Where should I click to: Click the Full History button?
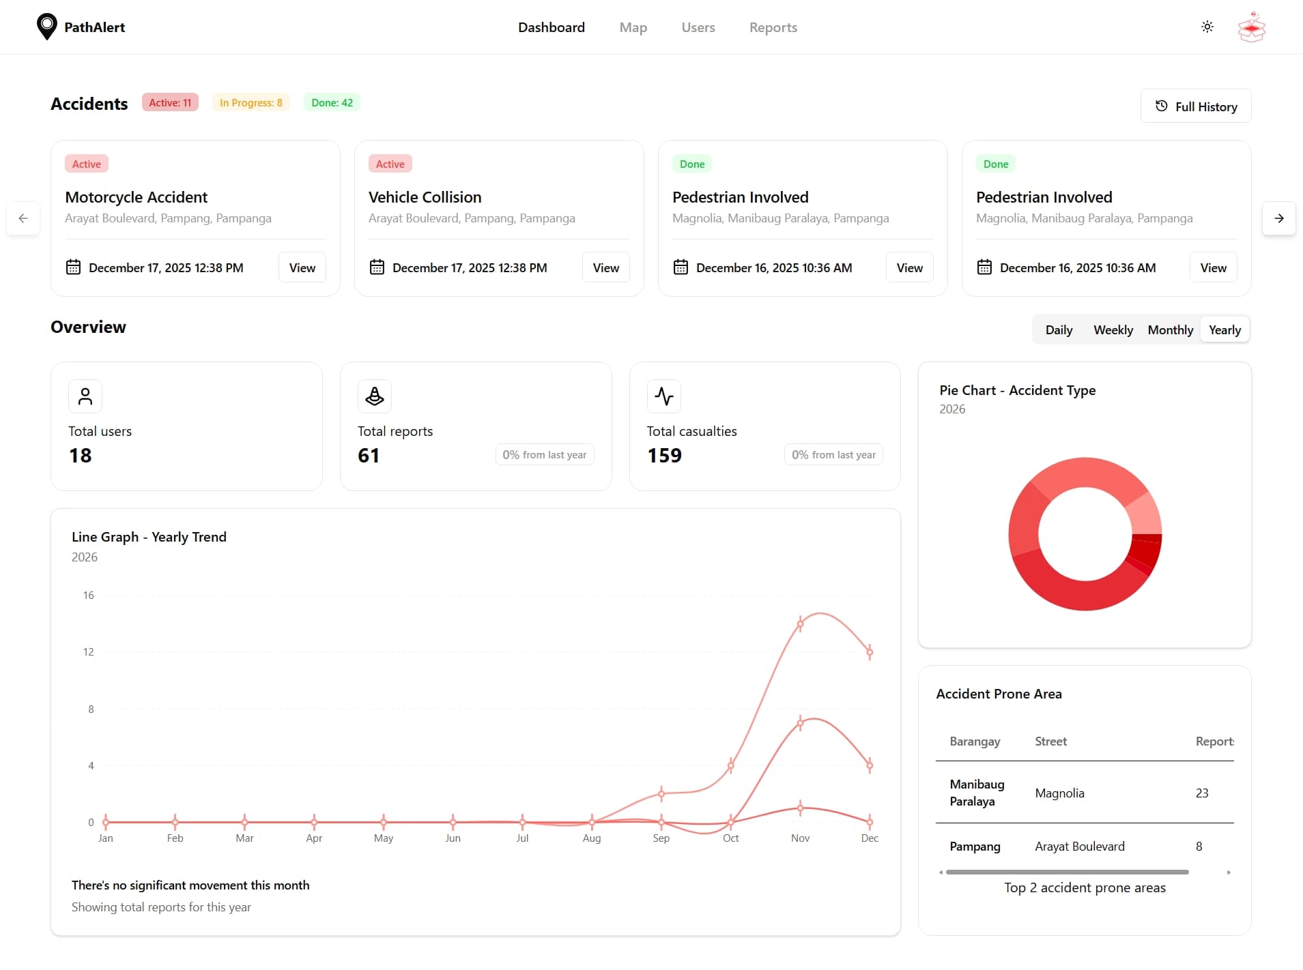coord(1195,106)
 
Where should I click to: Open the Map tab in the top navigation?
coord(633,27)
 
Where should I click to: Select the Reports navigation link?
coord(773,27)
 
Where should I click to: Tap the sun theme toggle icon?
coord(1207,27)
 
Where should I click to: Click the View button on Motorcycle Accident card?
coord(302,267)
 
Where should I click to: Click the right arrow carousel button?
coord(1278,218)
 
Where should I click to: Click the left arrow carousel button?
coord(23,218)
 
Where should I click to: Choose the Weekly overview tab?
coord(1113,330)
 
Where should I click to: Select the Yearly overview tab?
coord(1225,330)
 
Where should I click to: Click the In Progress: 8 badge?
coord(250,103)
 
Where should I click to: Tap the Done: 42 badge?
coord(332,103)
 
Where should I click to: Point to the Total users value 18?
coord(81,456)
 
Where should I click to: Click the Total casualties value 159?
coord(664,456)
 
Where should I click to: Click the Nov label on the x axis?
coord(800,838)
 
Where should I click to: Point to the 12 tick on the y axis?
coord(89,652)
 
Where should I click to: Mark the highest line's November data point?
coord(800,623)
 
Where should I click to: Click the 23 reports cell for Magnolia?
coord(1201,793)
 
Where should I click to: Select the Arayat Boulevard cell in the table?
coord(1079,847)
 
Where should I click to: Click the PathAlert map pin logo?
coord(46,27)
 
